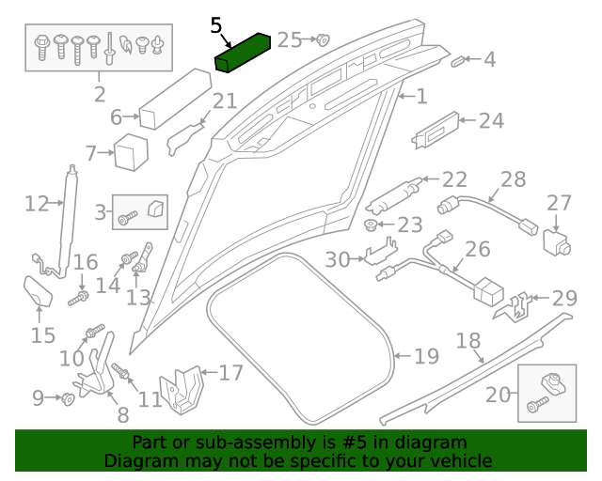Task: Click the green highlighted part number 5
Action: point(243,53)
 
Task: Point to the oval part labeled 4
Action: point(458,61)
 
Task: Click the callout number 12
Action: point(36,204)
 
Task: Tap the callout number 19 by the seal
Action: point(426,356)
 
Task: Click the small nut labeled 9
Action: point(69,399)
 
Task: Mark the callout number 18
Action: point(467,340)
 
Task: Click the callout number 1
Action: point(420,96)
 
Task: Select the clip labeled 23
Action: point(372,226)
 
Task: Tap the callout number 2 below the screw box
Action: point(100,94)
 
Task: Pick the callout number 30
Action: point(337,259)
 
